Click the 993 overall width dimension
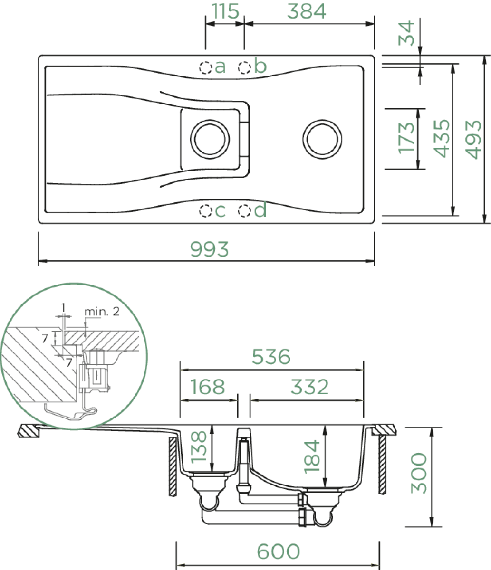click(210, 249)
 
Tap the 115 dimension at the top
click(225, 11)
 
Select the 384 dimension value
click(307, 11)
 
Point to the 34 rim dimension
click(406, 33)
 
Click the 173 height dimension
click(406, 138)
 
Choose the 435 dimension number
click(442, 138)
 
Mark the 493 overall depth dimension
click(473, 140)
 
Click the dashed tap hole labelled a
click(205, 67)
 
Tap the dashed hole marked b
click(244, 67)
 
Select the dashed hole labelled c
click(205, 211)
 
